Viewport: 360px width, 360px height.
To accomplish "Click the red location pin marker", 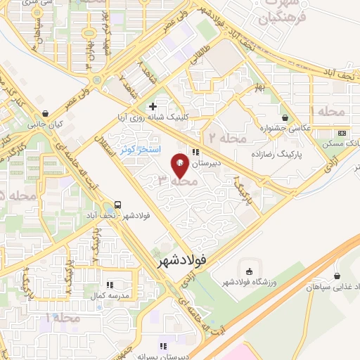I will click(180, 165).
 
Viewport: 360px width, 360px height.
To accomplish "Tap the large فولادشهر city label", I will click(179, 260).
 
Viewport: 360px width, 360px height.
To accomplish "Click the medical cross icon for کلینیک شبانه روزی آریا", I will click(153, 106).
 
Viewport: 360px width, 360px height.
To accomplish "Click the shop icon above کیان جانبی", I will click(46, 113).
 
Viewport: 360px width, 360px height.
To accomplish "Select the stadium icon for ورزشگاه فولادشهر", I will click(249, 271).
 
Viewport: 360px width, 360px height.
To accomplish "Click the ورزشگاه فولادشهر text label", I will click(249, 283).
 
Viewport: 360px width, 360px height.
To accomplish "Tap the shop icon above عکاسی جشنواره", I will click(285, 118).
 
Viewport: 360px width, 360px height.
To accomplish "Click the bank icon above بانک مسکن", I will click(342, 133).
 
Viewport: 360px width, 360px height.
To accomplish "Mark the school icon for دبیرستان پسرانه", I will click(164, 346).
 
